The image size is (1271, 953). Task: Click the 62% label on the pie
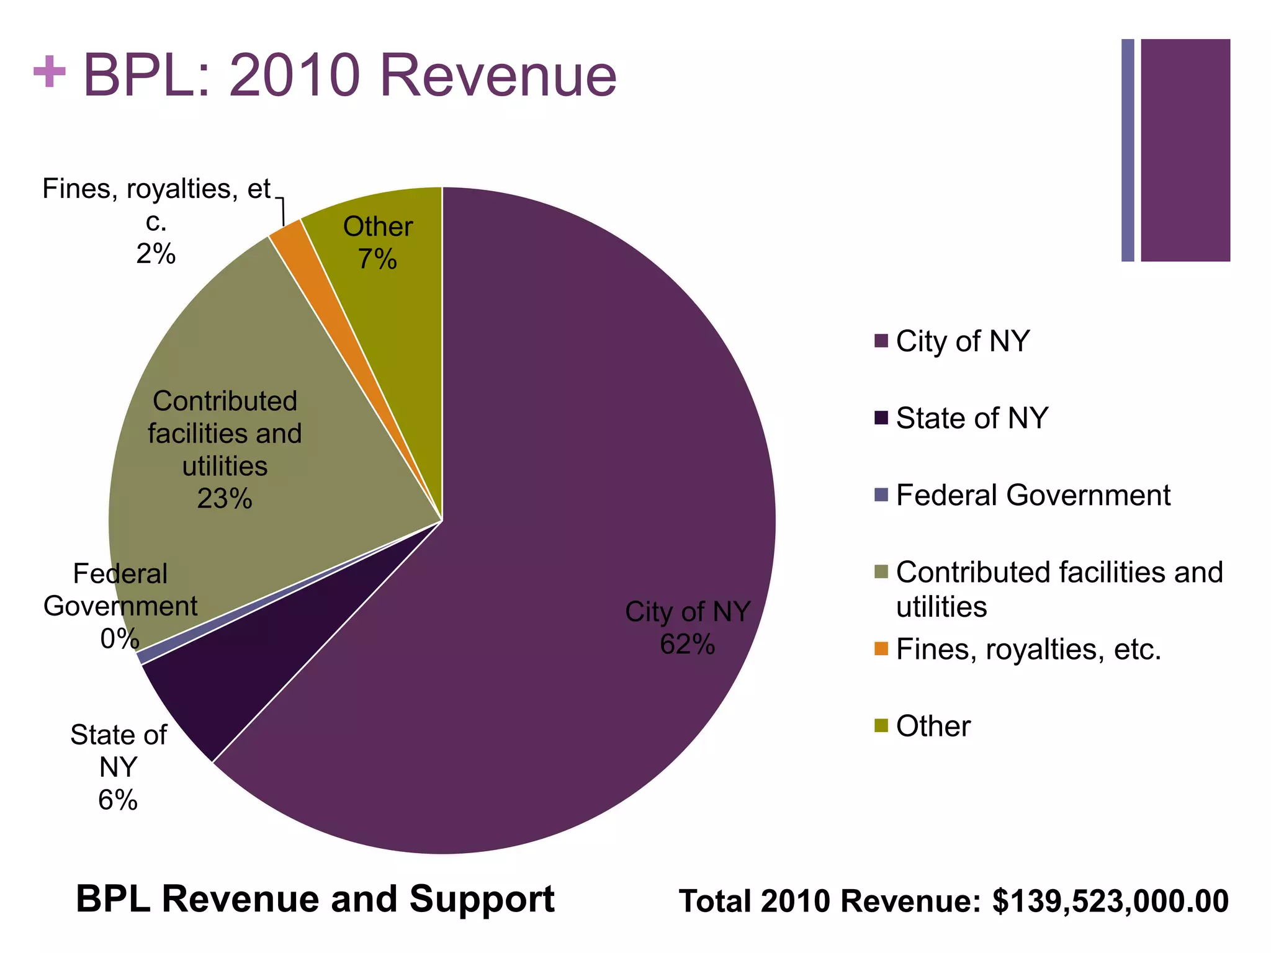[687, 645]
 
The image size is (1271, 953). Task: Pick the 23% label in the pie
[225, 499]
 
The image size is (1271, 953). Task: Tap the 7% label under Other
[377, 259]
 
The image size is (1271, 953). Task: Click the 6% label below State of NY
[118, 800]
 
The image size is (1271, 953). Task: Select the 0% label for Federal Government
[119, 638]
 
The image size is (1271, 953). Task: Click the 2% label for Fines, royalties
[156, 254]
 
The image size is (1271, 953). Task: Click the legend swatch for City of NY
[881, 341]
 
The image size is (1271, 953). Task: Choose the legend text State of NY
[972, 418]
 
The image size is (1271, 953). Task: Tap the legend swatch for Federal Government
[881, 495]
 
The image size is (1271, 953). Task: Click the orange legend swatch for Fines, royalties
[881, 649]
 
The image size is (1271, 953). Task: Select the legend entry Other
[933, 726]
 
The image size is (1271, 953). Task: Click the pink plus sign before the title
[50, 73]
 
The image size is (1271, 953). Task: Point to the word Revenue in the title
[498, 76]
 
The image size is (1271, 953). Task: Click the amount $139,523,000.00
[1110, 901]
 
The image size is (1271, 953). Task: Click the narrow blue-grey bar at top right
[1128, 150]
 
